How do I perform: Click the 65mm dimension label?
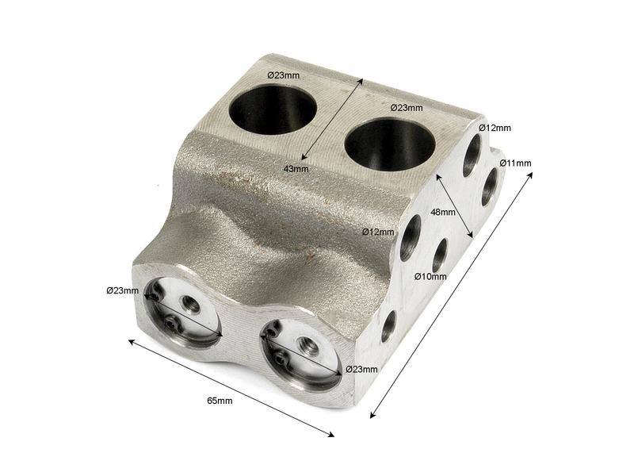(x=220, y=401)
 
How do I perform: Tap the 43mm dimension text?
(x=296, y=168)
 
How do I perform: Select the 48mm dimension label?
(x=442, y=212)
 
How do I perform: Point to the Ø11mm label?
(x=515, y=163)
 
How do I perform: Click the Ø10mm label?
(x=430, y=277)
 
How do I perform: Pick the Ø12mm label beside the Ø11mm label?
(x=495, y=128)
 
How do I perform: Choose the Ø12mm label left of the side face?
(x=378, y=232)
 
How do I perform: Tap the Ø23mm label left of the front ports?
(x=122, y=290)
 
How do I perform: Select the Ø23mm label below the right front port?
(x=361, y=369)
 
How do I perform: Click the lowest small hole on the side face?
(x=388, y=326)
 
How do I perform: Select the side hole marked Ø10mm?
(x=440, y=254)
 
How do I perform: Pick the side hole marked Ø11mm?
(x=490, y=186)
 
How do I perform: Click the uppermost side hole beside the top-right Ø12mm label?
(x=472, y=155)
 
